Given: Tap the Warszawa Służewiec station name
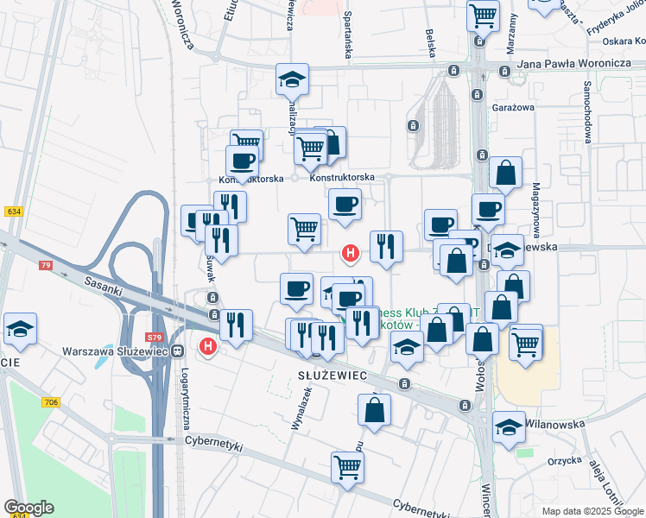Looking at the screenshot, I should (x=116, y=351).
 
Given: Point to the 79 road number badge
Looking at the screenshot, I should (x=46, y=265).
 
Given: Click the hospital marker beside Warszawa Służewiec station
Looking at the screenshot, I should (x=207, y=347).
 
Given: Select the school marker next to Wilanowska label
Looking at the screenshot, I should (x=509, y=426).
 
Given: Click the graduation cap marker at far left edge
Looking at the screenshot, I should (x=20, y=329).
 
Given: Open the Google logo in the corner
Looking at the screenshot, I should (x=28, y=508).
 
